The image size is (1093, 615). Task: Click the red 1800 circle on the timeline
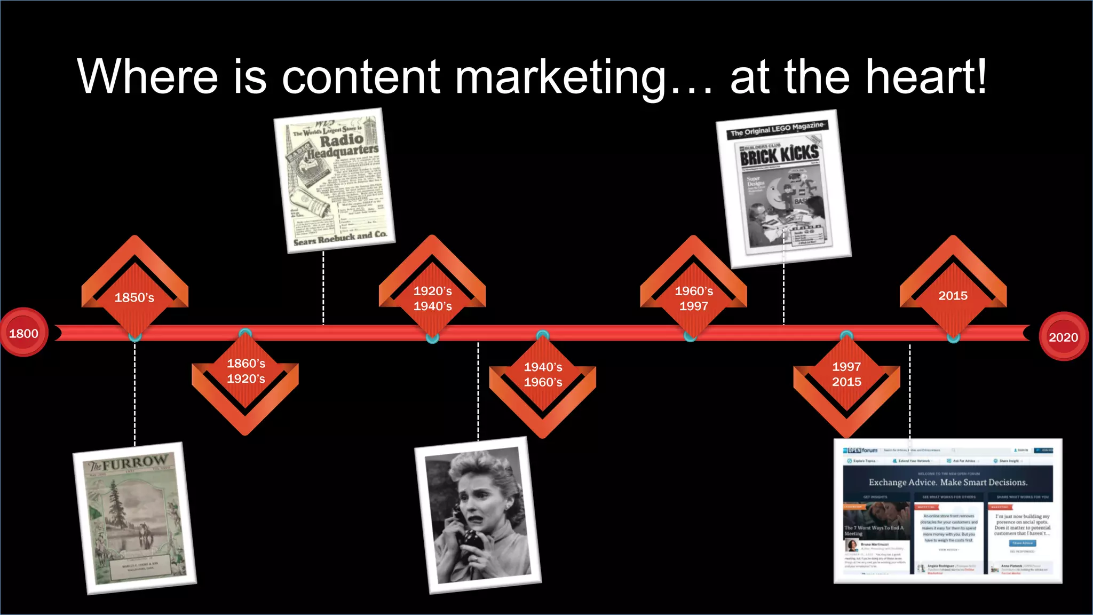24,333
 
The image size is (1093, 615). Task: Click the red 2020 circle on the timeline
1063,336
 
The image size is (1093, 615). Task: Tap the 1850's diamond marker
134,297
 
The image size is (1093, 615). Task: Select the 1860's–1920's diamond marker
245,372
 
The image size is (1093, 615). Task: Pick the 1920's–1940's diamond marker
432,298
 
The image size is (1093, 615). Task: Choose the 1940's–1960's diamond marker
543,375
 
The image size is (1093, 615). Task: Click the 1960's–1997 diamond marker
693,298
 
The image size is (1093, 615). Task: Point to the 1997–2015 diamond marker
846,374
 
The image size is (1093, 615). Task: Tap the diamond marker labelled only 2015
953,295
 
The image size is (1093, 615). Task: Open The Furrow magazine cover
135,518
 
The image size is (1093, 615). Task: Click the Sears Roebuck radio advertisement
335,180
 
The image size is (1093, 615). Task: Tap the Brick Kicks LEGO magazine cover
783,188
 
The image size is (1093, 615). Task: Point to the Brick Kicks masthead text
779,155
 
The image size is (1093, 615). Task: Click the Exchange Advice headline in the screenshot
948,482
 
